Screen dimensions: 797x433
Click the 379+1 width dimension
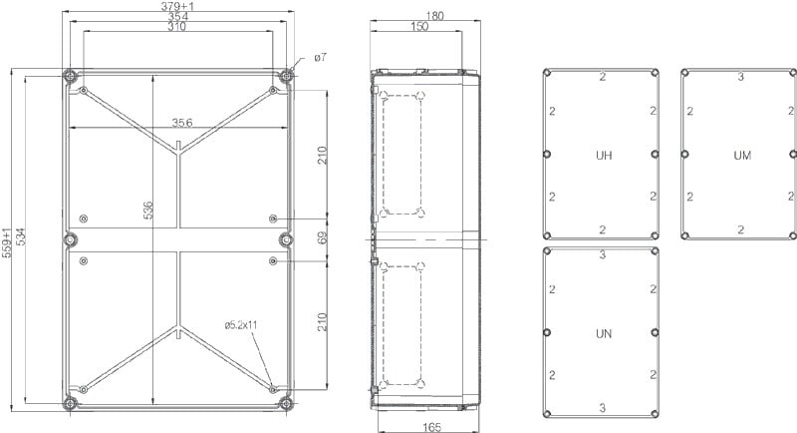click(x=177, y=6)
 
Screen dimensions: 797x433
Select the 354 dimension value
click(x=178, y=16)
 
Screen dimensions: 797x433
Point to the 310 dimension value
click(x=177, y=27)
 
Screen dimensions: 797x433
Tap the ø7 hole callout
click(x=320, y=58)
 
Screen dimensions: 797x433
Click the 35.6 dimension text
click(x=181, y=123)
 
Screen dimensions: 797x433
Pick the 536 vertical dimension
click(x=147, y=211)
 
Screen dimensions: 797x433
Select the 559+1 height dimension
click(x=7, y=243)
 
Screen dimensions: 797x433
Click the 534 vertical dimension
click(x=21, y=236)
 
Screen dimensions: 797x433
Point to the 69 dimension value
click(x=323, y=237)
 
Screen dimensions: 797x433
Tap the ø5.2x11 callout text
click(x=241, y=324)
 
